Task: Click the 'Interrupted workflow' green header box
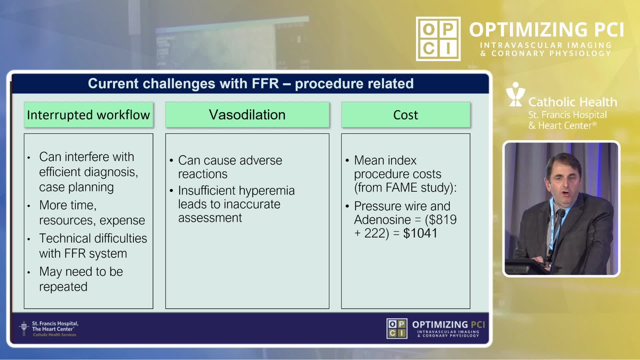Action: coord(88,115)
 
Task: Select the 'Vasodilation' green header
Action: coord(247,115)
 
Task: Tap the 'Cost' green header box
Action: coord(406,115)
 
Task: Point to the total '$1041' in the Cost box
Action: coord(420,233)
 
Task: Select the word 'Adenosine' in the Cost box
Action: coord(382,220)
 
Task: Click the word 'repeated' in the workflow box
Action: coord(63,287)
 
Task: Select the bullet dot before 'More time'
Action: coord(29,206)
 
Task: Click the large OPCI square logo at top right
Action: coord(438,39)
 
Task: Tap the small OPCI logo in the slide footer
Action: coord(397,329)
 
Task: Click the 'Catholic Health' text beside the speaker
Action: coord(573,102)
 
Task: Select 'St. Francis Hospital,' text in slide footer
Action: coord(55,323)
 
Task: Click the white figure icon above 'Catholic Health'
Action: coord(515,94)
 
